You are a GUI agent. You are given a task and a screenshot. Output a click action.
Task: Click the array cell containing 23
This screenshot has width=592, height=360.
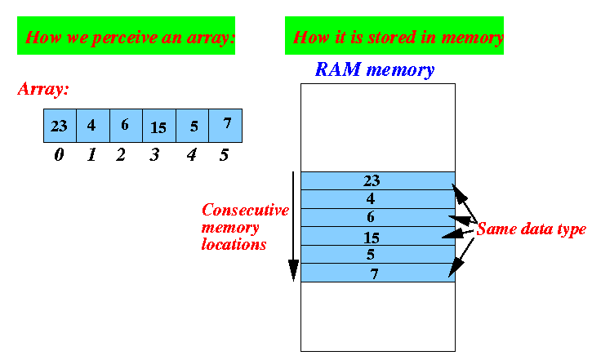(x=60, y=127)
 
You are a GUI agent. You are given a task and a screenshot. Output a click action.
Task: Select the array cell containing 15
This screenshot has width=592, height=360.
(x=159, y=127)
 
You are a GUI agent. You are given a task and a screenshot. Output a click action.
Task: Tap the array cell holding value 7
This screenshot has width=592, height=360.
(x=225, y=127)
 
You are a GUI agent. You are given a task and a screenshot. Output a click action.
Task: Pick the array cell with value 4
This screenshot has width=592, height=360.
(x=92, y=127)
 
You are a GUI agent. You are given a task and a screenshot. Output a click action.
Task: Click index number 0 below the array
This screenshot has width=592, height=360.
(x=59, y=154)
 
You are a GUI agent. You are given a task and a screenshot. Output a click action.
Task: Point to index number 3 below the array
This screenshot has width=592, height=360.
(x=154, y=154)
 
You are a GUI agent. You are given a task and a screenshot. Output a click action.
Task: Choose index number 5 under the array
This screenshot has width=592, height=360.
(x=224, y=154)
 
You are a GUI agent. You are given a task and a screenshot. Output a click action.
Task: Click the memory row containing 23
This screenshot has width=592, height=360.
(x=377, y=180)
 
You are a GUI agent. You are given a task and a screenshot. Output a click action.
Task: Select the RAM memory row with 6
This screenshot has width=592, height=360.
(x=377, y=217)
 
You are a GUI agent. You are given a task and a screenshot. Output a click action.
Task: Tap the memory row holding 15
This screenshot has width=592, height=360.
(x=377, y=236)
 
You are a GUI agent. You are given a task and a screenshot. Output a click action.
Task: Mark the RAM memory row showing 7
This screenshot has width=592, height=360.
(x=377, y=273)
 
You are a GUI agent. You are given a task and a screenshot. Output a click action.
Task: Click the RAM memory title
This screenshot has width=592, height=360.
(x=375, y=70)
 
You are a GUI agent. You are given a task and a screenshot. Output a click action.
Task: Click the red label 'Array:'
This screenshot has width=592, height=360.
(x=42, y=89)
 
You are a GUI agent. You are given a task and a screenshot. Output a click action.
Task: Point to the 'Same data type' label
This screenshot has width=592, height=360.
(x=531, y=229)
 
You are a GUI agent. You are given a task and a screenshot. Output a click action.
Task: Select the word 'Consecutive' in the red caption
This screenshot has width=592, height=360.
(x=245, y=210)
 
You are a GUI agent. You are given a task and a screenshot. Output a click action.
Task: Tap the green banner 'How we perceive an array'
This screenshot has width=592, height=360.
(x=126, y=37)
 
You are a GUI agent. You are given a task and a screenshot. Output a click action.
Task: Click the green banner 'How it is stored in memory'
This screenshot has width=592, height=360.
(x=394, y=37)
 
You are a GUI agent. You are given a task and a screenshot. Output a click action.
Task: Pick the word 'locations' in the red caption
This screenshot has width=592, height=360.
(x=234, y=244)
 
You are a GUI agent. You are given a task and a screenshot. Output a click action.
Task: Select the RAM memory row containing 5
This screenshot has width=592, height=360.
(x=377, y=254)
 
